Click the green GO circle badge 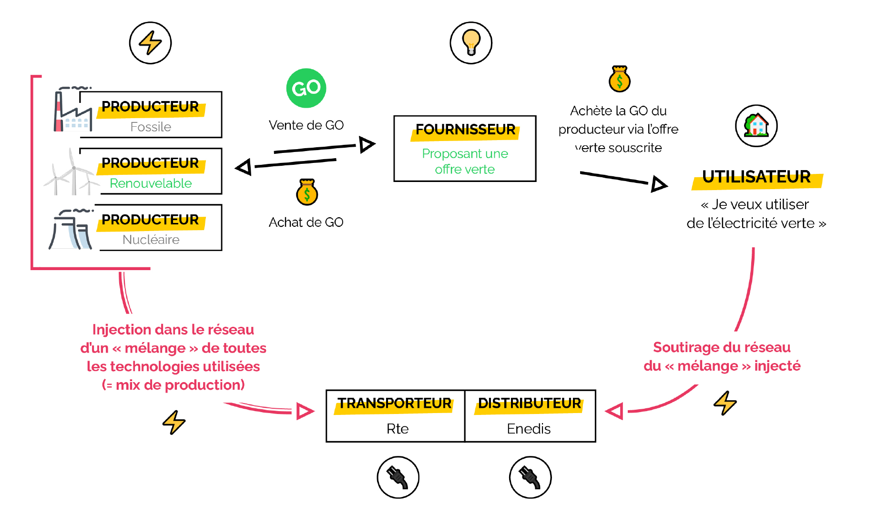click(x=306, y=88)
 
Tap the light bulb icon click(x=471, y=43)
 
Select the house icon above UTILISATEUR click(x=756, y=126)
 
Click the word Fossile click(x=151, y=127)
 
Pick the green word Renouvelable click(x=151, y=183)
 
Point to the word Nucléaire click(x=151, y=239)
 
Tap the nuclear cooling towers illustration click(x=71, y=230)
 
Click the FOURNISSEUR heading click(x=465, y=130)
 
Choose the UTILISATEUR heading click(x=756, y=177)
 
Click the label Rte click(x=398, y=429)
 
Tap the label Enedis click(x=529, y=429)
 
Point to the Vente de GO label click(x=306, y=125)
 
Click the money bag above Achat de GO click(x=307, y=192)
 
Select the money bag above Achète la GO click(x=619, y=79)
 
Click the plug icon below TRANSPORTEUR click(x=398, y=477)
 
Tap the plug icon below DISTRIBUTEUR click(x=530, y=477)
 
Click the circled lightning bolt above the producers click(x=150, y=43)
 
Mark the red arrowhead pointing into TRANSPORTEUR click(x=304, y=411)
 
